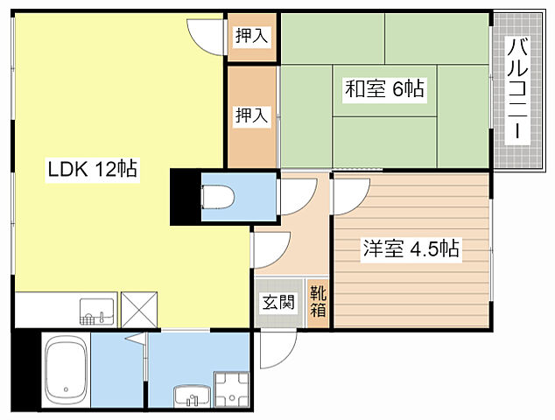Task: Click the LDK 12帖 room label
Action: [93, 169]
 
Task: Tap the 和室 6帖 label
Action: [384, 88]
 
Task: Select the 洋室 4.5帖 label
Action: [411, 248]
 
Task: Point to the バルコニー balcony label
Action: [517, 90]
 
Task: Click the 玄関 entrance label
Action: [278, 303]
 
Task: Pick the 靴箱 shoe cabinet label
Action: [318, 302]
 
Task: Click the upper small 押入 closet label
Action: [251, 36]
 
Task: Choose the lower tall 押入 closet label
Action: [251, 115]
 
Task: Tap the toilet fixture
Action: [218, 197]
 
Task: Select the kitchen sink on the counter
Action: [96, 311]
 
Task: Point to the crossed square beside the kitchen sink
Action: [139, 310]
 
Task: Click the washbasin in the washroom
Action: [193, 396]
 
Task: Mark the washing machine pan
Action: [232, 389]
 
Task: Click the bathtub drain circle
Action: [66, 389]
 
